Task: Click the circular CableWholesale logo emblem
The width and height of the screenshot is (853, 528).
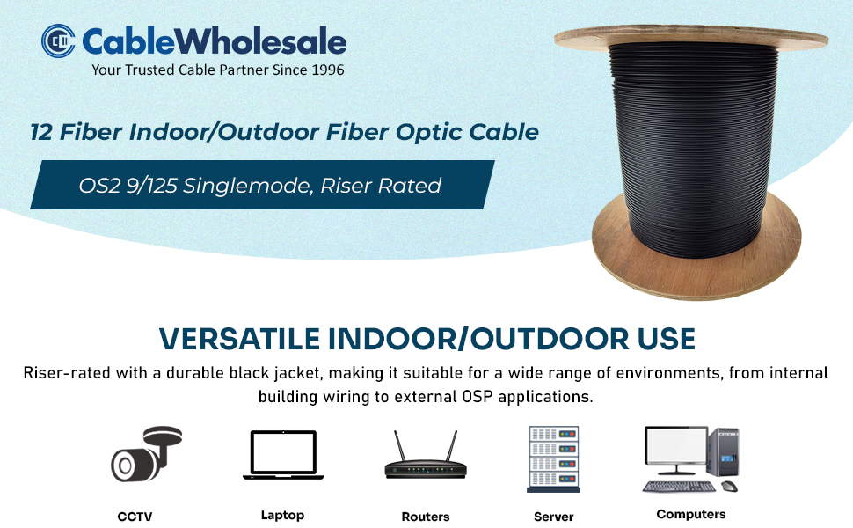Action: click(x=58, y=40)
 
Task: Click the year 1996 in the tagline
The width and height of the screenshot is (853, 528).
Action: click(x=327, y=70)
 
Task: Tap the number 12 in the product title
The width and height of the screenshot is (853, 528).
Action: click(x=41, y=132)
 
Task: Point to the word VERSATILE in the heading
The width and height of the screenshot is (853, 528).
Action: click(x=239, y=339)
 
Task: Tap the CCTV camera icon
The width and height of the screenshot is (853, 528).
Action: click(x=146, y=454)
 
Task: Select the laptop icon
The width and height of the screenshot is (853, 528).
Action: click(x=283, y=455)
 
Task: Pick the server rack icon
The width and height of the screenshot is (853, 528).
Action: click(x=553, y=458)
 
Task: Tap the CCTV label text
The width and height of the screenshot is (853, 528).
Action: click(x=135, y=517)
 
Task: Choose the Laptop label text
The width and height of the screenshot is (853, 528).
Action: click(x=282, y=516)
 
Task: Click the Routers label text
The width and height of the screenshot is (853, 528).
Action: click(x=426, y=517)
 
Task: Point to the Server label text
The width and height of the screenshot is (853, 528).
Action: click(x=554, y=517)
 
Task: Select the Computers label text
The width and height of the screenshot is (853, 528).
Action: click(x=691, y=515)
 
